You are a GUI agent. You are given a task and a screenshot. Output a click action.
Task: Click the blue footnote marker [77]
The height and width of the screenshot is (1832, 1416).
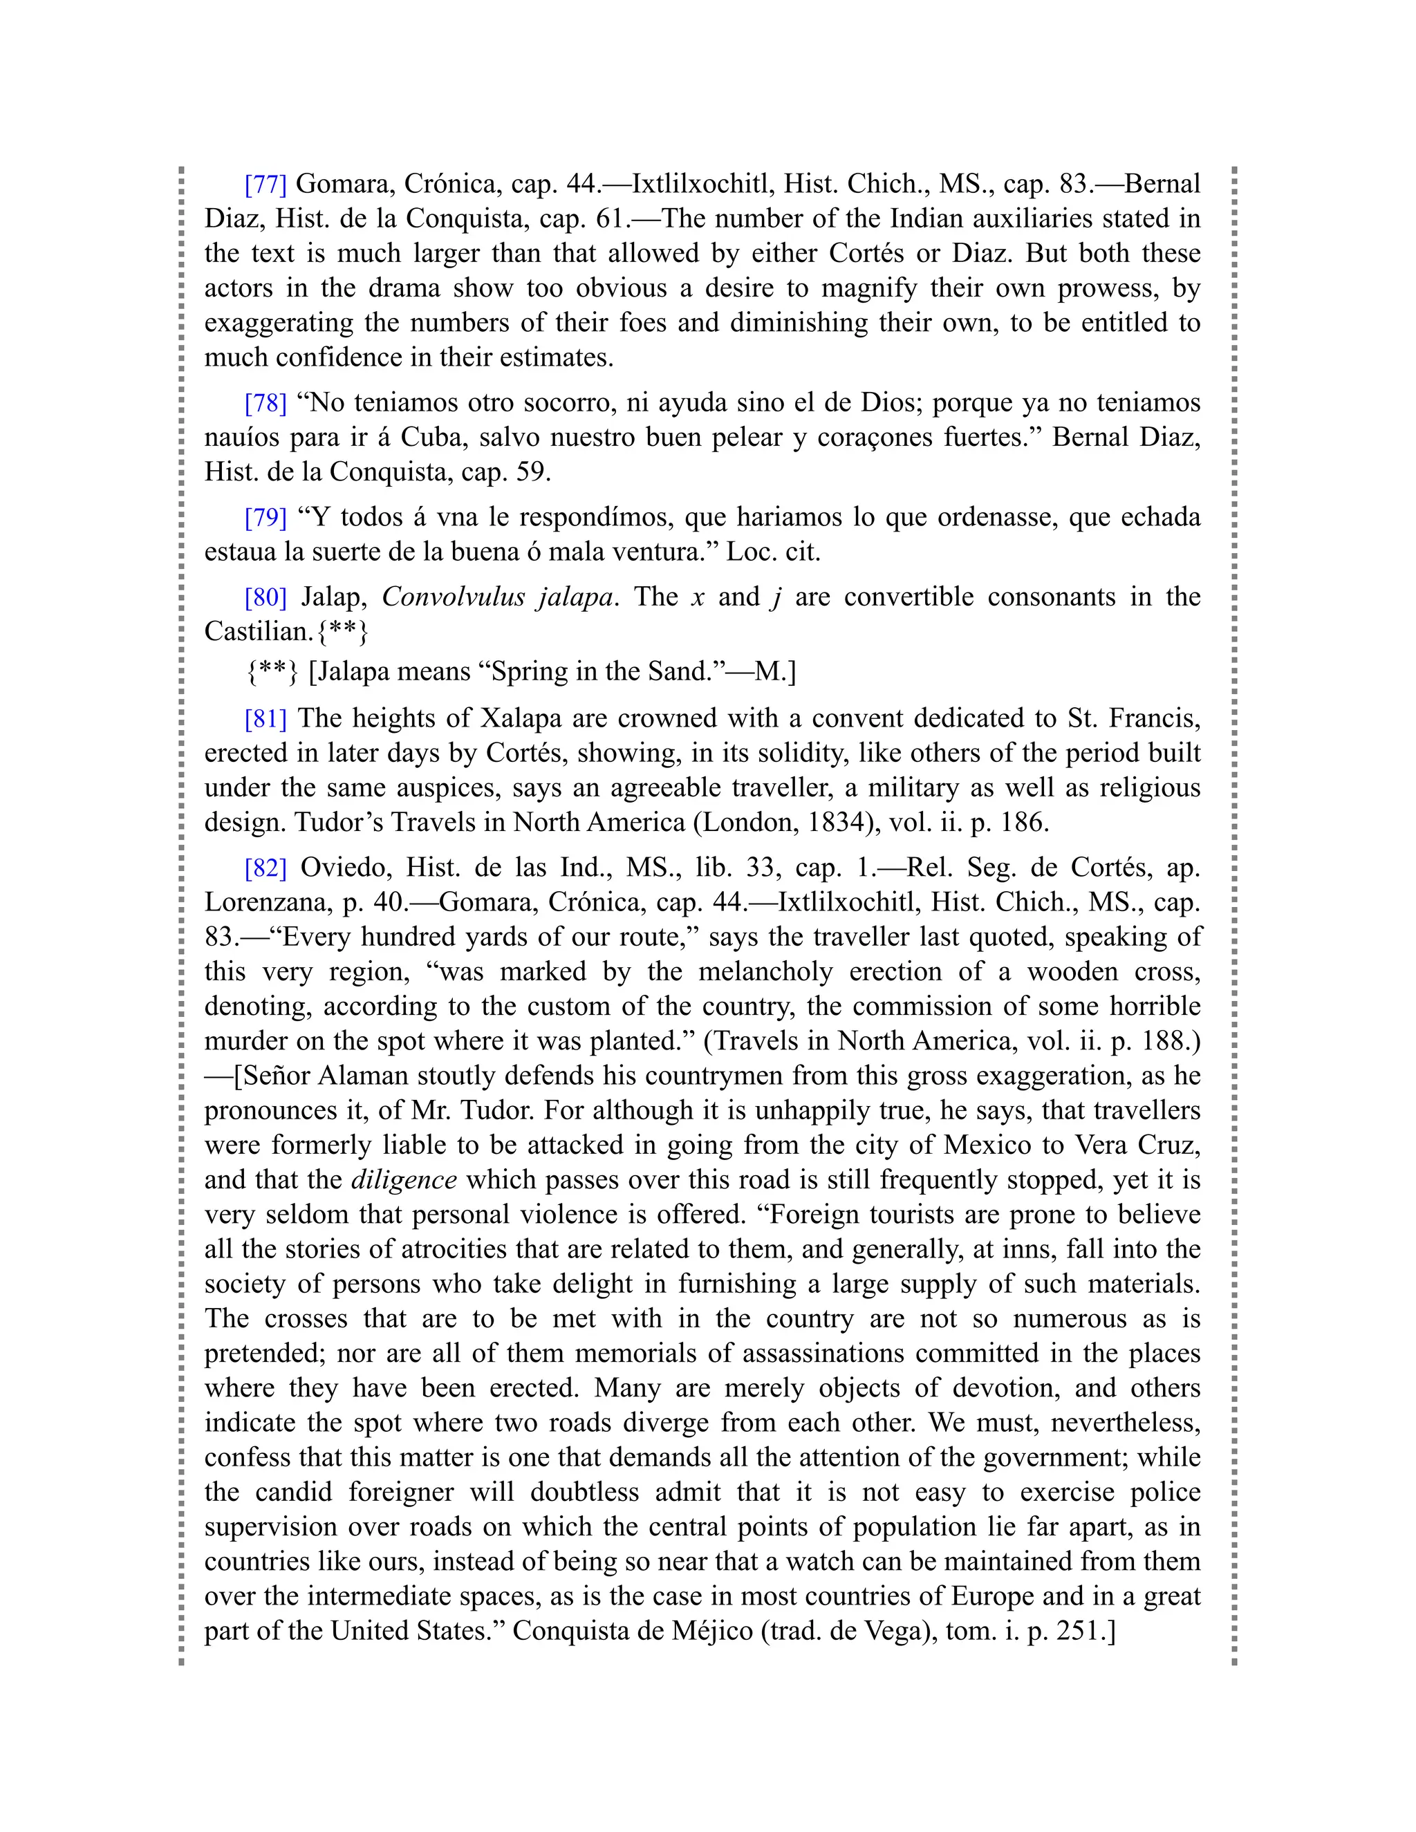pos(265,184)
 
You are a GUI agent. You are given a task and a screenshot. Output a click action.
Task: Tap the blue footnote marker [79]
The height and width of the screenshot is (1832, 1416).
pos(265,518)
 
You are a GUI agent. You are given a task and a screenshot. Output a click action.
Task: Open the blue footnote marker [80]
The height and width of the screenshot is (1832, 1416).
pos(265,597)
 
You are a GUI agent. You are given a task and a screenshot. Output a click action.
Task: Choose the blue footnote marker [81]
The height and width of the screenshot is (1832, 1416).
pos(265,719)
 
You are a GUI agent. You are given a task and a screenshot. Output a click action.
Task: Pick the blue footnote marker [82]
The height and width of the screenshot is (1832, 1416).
pos(265,868)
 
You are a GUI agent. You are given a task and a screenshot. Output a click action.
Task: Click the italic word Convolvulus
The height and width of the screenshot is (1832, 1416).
pos(452,597)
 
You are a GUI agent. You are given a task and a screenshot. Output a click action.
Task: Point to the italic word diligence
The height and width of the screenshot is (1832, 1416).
pos(404,1180)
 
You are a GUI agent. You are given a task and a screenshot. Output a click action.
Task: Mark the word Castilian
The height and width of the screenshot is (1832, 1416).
pos(257,632)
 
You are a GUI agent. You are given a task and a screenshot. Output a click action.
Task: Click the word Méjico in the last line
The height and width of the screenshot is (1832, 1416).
pos(708,1632)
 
